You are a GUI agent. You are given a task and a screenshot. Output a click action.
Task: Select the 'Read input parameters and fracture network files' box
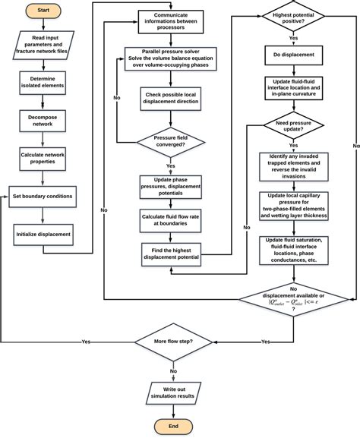click(43, 46)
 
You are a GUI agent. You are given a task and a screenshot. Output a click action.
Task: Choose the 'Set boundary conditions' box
click(43, 196)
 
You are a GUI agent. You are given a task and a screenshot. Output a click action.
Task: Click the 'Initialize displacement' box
click(43, 234)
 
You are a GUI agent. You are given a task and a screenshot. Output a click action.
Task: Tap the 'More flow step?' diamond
click(174, 342)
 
